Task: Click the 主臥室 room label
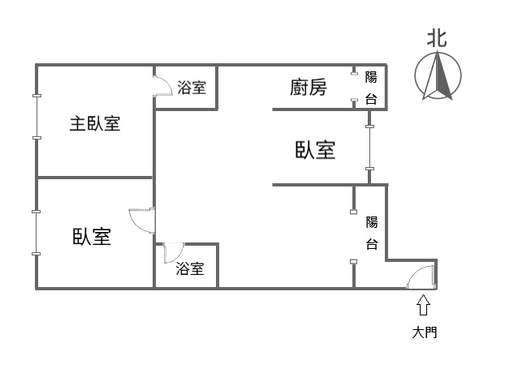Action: tap(94, 124)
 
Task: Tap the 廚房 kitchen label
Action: tap(308, 87)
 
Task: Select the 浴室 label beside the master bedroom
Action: tap(192, 88)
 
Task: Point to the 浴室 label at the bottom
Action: tap(190, 268)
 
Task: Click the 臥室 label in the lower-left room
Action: tap(92, 237)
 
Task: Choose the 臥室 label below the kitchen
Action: tap(315, 150)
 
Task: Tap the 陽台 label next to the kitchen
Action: tap(371, 88)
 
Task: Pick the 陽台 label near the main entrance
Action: tap(371, 233)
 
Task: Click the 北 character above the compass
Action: tap(437, 37)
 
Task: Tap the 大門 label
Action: tap(424, 332)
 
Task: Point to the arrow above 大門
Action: tap(423, 305)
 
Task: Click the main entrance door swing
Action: tap(422, 277)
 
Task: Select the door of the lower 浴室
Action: tap(172, 252)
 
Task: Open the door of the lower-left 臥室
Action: tap(141, 221)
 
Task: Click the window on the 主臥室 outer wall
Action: tap(37, 117)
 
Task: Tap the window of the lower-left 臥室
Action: tap(37, 233)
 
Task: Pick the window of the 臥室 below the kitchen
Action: tap(369, 148)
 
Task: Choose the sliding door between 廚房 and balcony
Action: tap(354, 88)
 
